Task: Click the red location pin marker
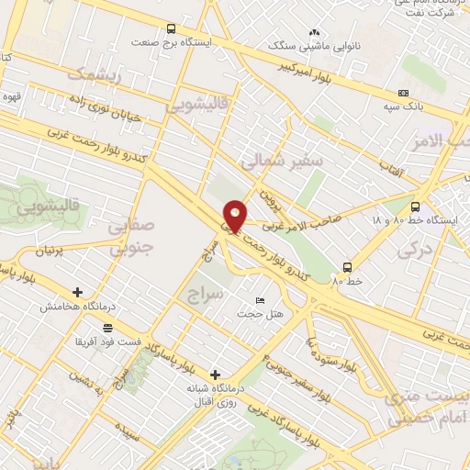[x=235, y=215]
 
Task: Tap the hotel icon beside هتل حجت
[x=259, y=301]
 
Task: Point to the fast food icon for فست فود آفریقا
[x=108, y=328]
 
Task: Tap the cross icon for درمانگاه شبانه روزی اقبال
[x=215, y=374]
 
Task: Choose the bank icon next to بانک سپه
[x=403, y=93]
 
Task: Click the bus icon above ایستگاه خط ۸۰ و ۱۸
[x=416, y=207]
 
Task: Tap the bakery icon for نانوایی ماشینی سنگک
[x=315, y=32]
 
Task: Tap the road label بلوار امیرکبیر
[x=327, y=72]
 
